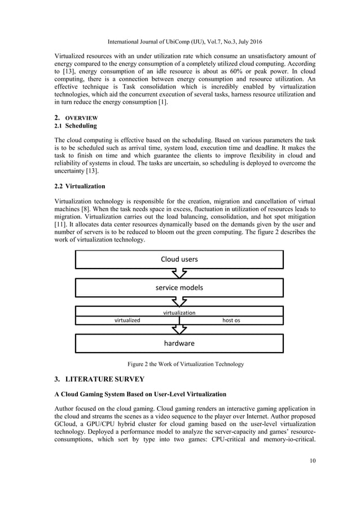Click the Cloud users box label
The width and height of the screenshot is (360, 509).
coord(179,260)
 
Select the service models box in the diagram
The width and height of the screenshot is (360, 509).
coord(179,287)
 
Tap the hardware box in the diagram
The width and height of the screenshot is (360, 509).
coord(179,343)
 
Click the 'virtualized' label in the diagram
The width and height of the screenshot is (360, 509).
coord(128,320)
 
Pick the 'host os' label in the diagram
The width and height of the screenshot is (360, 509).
coord(231,320)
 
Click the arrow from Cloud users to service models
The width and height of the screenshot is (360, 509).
coord(179,274)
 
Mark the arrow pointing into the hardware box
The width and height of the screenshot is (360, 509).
coord(179,329)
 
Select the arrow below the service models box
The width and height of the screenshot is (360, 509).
coord(179,301)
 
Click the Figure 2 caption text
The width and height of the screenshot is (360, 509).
coord(179,364)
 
